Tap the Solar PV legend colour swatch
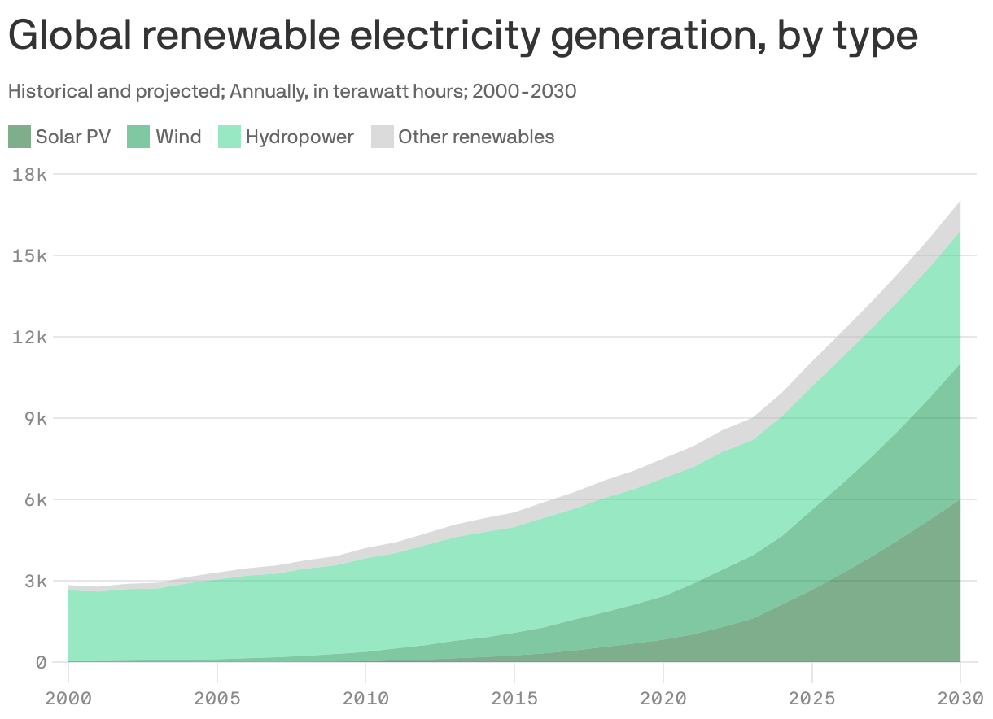coord(20,137)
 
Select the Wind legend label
coord(178,137)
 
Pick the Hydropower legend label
coord(300,137)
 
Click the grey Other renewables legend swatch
coord(382,137)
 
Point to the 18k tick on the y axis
coord(30,174)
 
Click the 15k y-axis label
coord(30,255)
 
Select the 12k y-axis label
coord(30,337)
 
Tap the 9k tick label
coord(35,418)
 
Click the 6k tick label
coord(35,499)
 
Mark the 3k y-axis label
coord(35,581)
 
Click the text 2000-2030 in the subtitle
coord(524,91)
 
